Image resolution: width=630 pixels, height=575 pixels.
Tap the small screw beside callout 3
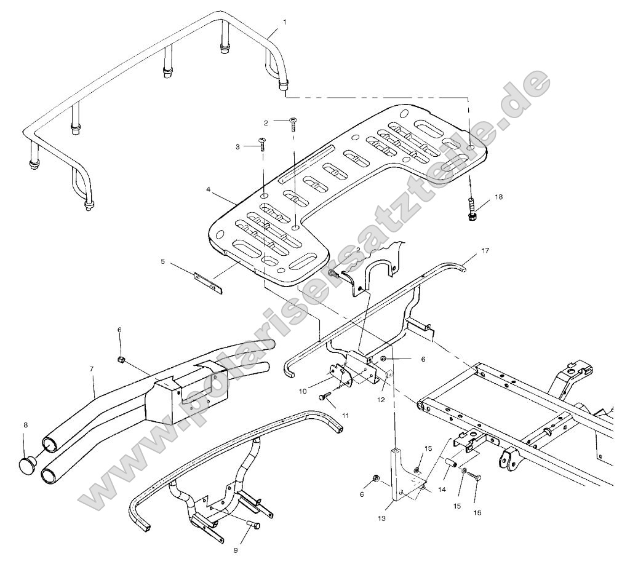263,145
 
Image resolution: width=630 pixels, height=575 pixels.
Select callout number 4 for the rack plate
210,191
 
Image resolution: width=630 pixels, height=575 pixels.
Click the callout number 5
163,261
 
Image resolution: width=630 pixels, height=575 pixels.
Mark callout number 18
498,197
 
